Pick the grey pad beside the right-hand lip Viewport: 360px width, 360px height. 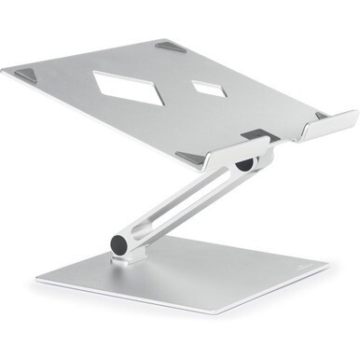point(321,115)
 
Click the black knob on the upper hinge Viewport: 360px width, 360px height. point(244,164)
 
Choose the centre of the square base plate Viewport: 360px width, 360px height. point(187,280)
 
